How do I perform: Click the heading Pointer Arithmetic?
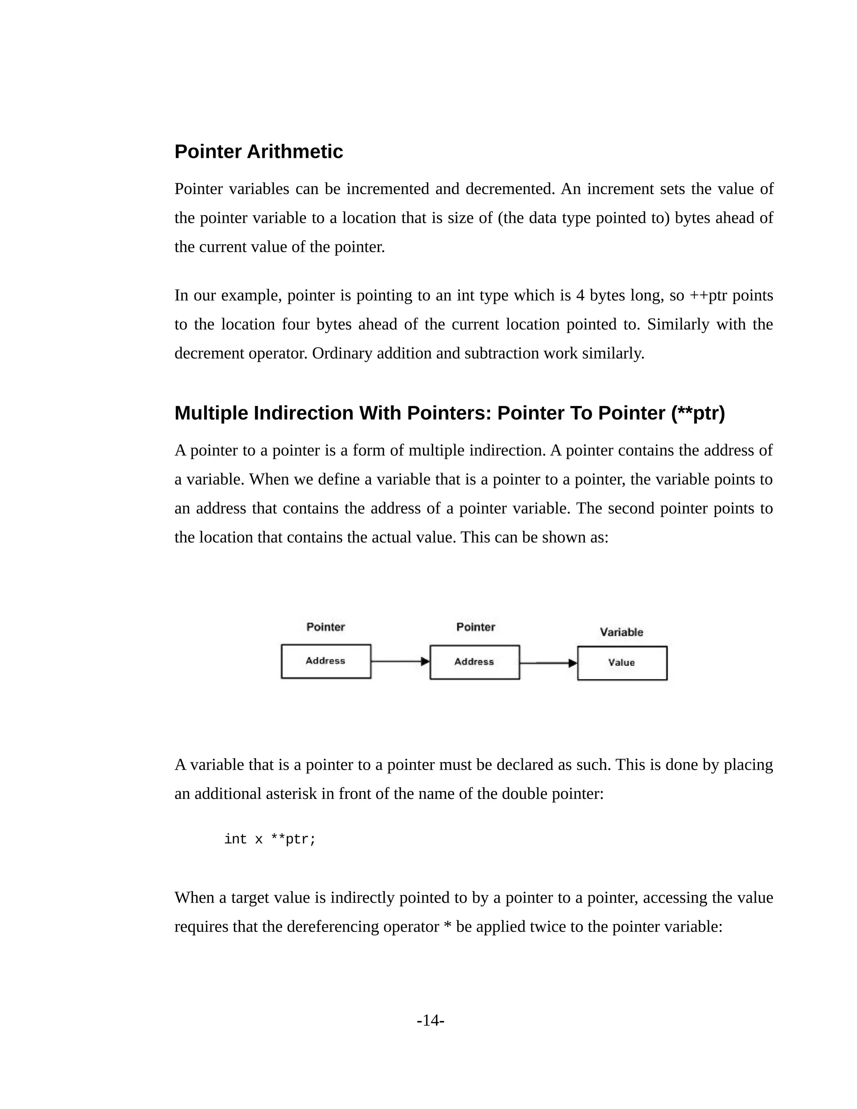click(259, 152)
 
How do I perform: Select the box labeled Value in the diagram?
click(622, 662)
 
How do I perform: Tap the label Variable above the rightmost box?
click(621, 632)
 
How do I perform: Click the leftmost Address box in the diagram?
click(326, 661)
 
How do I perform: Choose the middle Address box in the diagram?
click(474, 662)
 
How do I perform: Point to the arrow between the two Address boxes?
click(400, 661)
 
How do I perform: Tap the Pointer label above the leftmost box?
click(326, 627)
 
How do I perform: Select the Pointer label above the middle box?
click(475, 627)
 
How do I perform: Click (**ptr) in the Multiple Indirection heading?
click(698, 413)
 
